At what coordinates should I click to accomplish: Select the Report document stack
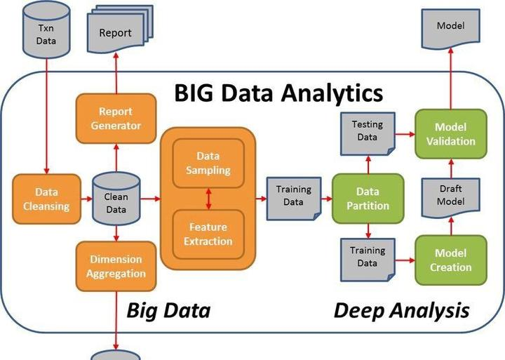click(x=116, y=32)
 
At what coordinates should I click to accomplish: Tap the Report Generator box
click(x=116, y=119)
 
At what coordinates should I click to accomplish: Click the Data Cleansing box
click(x=46, y=199)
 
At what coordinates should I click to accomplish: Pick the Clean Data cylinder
click(x=116, y=199)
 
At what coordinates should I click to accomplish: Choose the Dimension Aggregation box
click(x=116, y=266)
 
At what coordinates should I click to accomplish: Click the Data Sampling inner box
click(x=208, y=163)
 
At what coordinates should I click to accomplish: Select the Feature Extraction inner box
click(x=208, y=234)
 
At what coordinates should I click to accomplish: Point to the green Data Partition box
click(x=368, y=199)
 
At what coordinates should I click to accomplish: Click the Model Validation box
click(x=450, y=133)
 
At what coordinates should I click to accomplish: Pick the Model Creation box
click(x=450, y=260)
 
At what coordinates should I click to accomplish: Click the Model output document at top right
click(x=450, y=29)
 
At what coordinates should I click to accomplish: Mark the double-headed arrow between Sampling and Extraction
click(x=208, y=198)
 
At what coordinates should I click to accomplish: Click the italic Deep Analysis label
click(x=401, y=310)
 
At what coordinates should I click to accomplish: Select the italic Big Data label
click(x=168, y=310)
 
